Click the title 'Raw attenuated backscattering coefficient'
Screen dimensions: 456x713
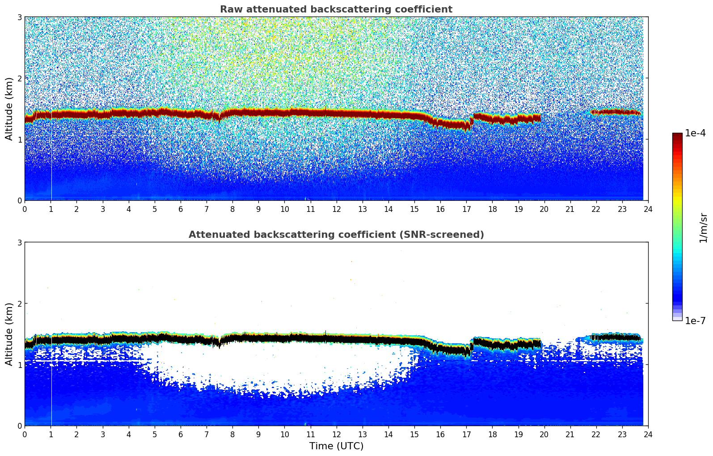pos(336,9)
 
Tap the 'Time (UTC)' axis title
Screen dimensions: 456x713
pos(336,446)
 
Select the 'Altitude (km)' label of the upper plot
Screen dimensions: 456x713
pos(9,109)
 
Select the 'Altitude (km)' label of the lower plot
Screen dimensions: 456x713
pos(9,334)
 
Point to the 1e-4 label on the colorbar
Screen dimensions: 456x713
pos(695,133)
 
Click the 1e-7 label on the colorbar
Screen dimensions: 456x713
pos(695,321)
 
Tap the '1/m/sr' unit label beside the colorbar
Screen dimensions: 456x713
pos(703,227)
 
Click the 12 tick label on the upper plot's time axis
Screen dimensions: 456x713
pos(336,209)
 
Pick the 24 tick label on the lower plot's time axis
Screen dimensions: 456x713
pos(648,434)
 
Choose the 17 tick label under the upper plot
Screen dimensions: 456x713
pos(466,209)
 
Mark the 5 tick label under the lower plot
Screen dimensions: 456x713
pos(155,434)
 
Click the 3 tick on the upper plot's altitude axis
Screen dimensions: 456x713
pos(19,17)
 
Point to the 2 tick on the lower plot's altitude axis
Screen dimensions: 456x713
pos(19,304)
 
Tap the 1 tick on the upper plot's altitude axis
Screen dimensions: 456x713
pos(19,139)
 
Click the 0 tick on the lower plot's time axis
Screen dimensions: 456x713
pos(25,434)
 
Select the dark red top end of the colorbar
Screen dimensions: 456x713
pos(677,135)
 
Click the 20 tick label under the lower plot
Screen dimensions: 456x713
pos(544,434)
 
